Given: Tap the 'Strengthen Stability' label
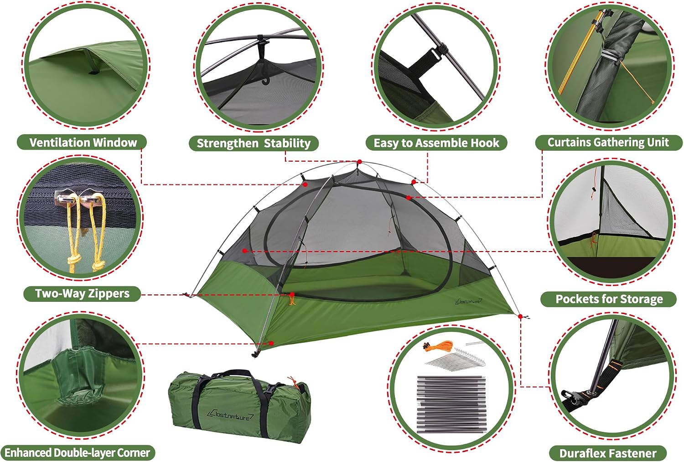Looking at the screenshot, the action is (254, 143).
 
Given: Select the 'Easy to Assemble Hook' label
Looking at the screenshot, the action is (436, 143).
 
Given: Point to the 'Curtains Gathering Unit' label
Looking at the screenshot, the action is (609, 142).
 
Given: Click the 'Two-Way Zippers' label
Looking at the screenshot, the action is (82, 294).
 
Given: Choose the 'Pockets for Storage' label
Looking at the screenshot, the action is (609, 299).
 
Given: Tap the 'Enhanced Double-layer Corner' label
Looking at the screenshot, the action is (77, 453).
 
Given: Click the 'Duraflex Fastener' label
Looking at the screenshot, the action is (608, 453).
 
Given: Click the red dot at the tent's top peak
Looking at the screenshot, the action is (359, 162).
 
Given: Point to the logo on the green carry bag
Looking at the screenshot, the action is (230, 415).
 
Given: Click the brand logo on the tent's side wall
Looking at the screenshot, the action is (469, 301).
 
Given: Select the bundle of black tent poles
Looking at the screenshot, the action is (451, 404).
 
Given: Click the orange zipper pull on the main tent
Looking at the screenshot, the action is (292, 299).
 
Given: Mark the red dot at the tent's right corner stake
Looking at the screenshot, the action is (520, 316).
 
